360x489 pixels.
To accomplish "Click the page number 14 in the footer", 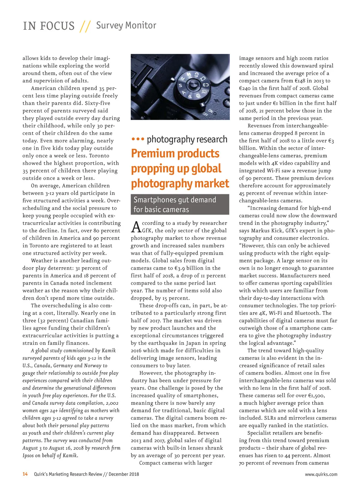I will pos(25,474).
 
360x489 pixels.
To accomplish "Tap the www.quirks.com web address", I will pos(321,474).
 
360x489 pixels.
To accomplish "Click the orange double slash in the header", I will pos(85,26).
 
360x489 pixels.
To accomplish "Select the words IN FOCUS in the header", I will pos(49,26).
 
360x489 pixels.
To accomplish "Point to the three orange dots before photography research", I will pos(138,139).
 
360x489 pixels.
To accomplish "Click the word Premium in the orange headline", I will pos(153,154).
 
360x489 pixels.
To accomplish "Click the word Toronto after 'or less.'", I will pos(99,156).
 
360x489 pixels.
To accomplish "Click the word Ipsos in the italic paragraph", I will pos(29,455).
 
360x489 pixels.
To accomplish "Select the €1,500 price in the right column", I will pos(315,395).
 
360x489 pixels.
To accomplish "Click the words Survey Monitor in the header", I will pos(126,25).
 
